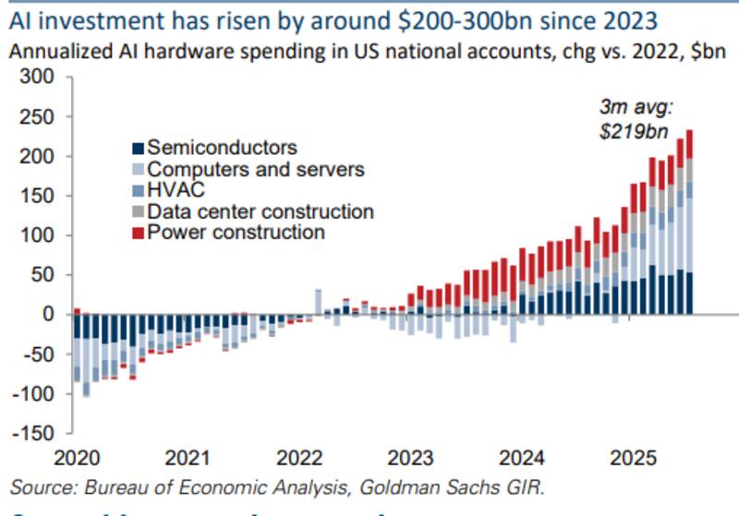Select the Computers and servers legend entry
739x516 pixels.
(257, 170)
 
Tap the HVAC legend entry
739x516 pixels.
(176, 190)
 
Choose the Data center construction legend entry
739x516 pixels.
(260, 211)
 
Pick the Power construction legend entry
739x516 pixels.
(236, 232)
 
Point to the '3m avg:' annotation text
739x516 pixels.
(633, 108)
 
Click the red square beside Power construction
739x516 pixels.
(139, 233)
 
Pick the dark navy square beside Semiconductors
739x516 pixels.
(139, 149)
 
